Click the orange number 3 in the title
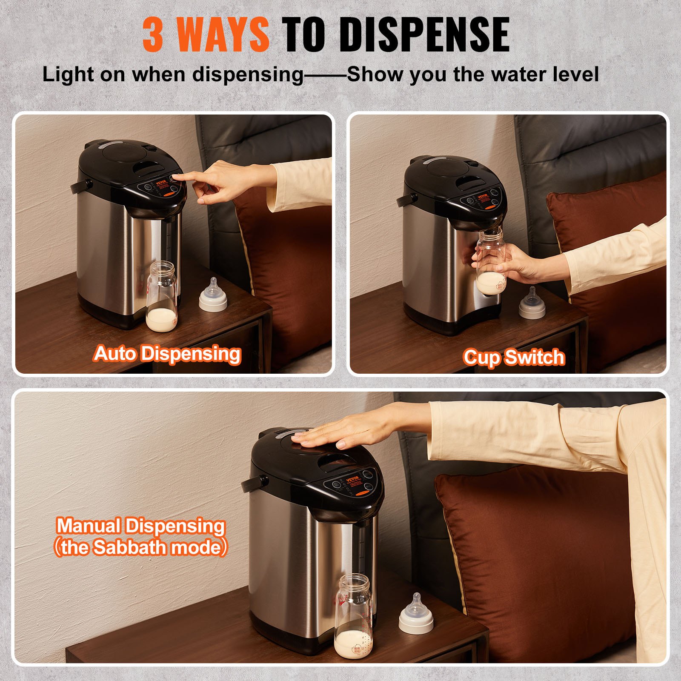click(x=153, y=35)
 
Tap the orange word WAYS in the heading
click(x=222, y=35)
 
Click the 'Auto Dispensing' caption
click(x=167, y=354)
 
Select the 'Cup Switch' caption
click(x=514, y=357)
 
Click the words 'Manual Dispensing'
click(x=140, y=526)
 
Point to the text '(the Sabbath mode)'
click(x=140, y=547)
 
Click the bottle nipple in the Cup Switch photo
click(x=532, y=303)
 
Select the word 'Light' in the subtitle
click(x=68, y=74)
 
